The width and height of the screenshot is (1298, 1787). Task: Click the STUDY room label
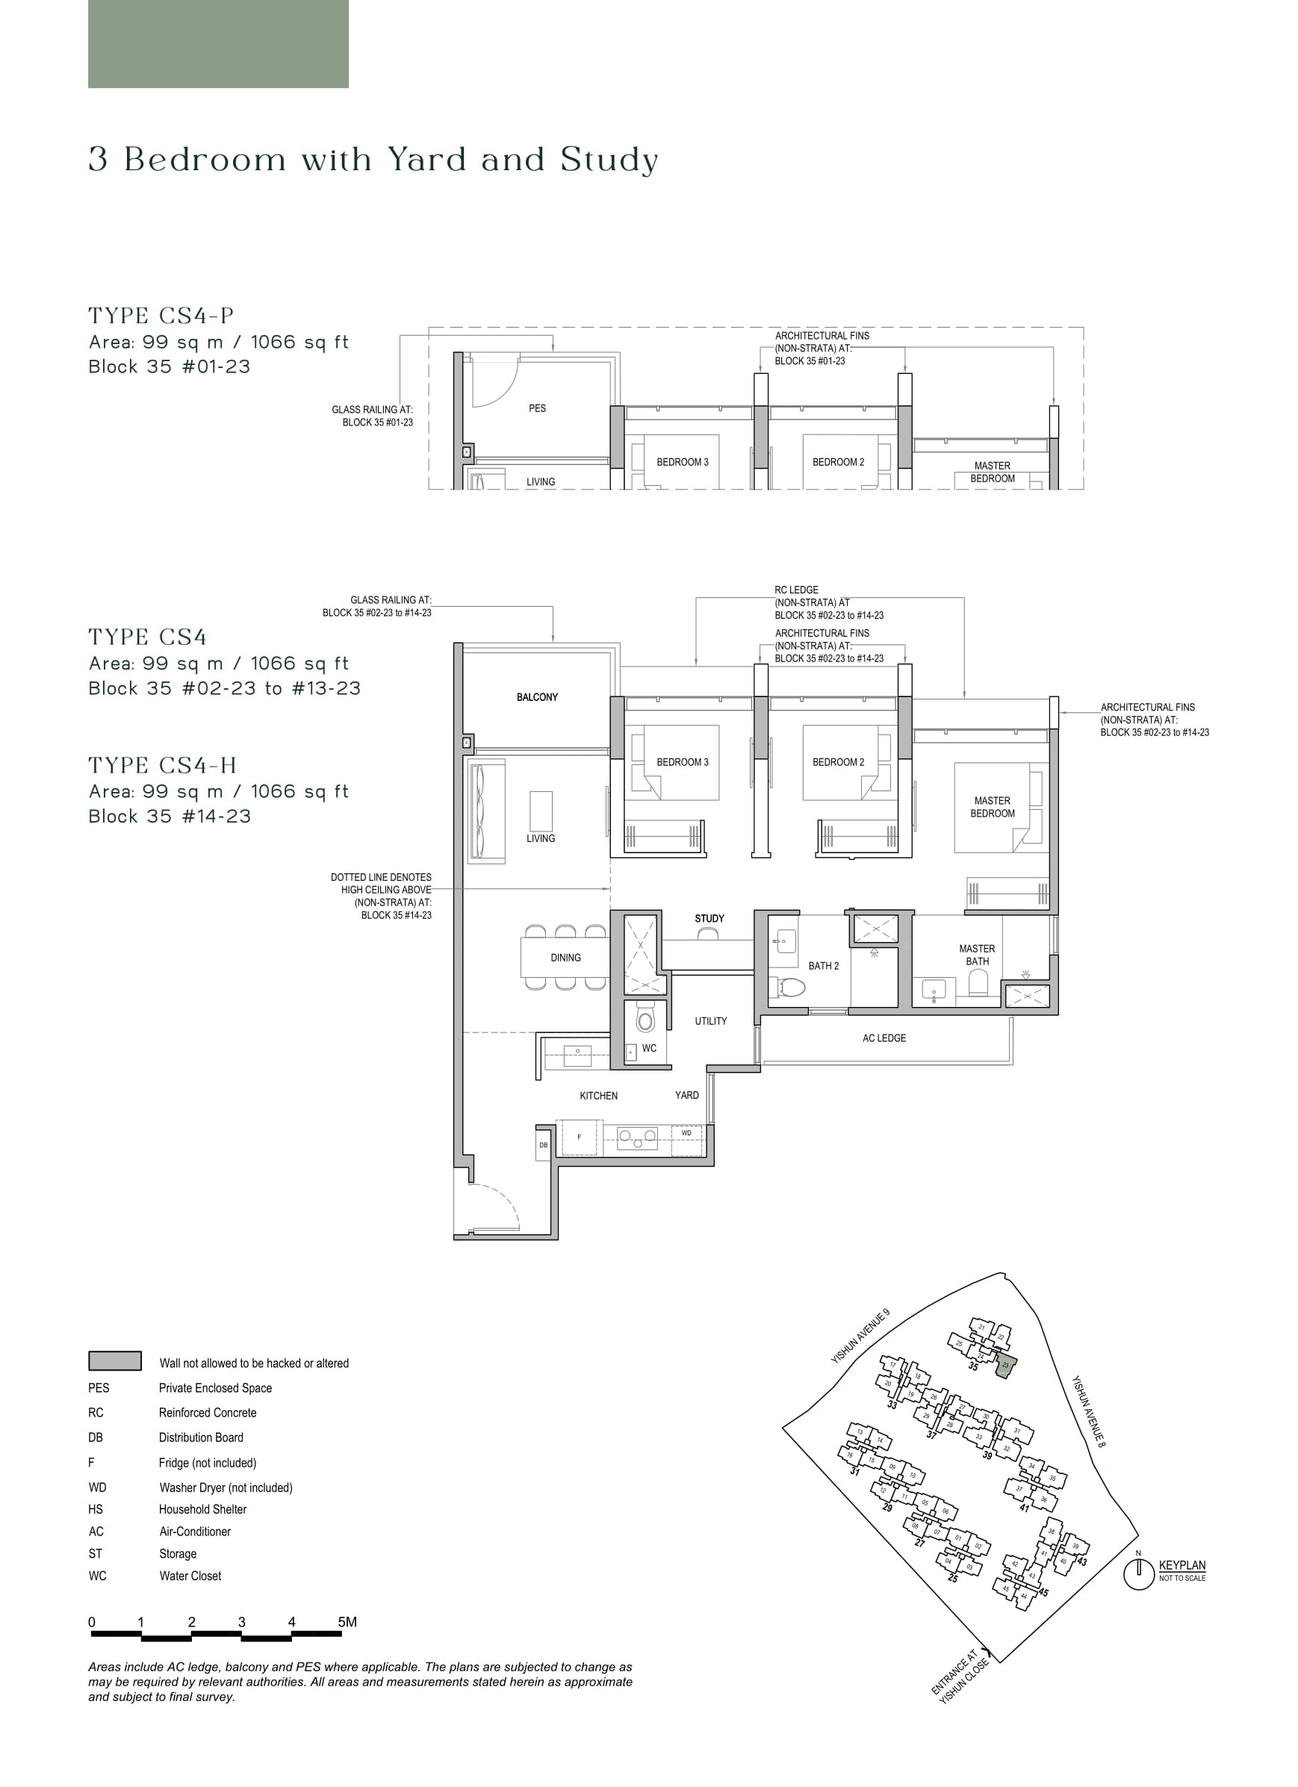709,918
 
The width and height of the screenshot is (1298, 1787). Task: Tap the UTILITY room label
710,1020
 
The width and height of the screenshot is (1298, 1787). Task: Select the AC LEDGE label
884,1038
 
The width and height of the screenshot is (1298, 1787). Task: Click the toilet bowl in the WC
645,1020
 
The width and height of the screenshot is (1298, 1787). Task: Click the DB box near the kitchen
543,1145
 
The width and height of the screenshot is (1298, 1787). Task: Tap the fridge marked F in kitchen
580,1137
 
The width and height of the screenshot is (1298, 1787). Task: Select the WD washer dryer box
686,1133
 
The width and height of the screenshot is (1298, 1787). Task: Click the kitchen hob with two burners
638,1137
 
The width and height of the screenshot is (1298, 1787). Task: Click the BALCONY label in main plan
537,696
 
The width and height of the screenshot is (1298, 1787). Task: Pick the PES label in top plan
537,408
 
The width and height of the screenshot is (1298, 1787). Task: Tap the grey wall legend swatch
115,1361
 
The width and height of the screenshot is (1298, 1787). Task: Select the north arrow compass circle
1138,1576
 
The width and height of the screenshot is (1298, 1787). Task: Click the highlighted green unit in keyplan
1004,1369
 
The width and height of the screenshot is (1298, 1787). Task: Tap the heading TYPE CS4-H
162,765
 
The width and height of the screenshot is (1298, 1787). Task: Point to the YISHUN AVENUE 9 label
860,1336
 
